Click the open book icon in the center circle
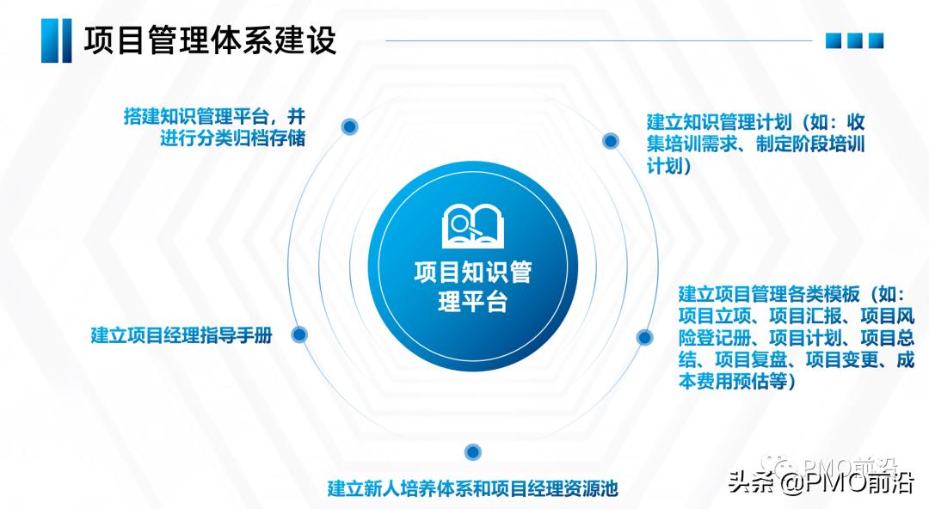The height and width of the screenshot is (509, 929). coord(470,224)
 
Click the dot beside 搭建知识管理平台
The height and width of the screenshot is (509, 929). coord(349,126)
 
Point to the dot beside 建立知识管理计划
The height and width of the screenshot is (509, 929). coord(610,140)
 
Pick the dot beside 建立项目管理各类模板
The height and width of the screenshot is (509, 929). coord(644,337)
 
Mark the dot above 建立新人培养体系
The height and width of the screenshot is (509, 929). coord(471,452)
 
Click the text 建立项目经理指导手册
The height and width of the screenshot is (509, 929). coord(181,335)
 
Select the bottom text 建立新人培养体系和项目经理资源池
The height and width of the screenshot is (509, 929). coord(473,488)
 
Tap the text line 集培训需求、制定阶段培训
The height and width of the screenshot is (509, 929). coord(755,144)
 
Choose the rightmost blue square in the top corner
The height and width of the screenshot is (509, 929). coord(876,40)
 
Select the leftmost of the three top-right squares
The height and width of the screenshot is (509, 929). coord(833,40)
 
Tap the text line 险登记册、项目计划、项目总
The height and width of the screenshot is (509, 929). coord(784,337)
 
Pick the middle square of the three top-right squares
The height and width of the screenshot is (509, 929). coord(854,40)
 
